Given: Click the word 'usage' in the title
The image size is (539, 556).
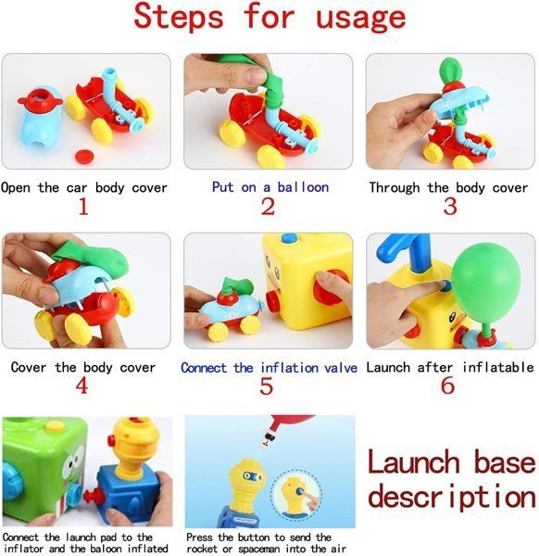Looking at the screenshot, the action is pyautogui.click(x=361, y=18).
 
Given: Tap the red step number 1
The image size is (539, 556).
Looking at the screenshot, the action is pyautogui.click(x=83, y=206).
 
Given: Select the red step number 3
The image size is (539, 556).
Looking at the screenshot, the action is pyautogui.click(x=450, y=206).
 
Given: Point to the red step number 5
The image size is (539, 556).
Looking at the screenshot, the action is pyautogui.click(x=266, y=385).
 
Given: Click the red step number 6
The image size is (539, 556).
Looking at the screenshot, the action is pyautogui.click(x=448, y=385).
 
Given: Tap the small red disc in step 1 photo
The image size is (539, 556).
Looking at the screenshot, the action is pyautogui.click(x=84, y=156).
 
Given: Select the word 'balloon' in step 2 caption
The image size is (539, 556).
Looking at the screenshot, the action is pyautogui.click(x=303, y=187).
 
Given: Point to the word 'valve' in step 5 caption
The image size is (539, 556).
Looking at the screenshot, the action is pyautogui.click(x=341, y=368).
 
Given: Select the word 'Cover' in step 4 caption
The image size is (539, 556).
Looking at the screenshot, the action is pyautogui.click(x=29, y=367).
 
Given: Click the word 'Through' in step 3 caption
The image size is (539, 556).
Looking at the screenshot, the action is pyautogui.click(x=395, y=187).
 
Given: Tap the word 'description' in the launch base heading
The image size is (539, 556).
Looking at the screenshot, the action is pyautogui.click(x=452, y=497).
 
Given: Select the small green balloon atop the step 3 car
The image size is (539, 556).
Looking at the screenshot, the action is pyautogui.click(x=450, y=71).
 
